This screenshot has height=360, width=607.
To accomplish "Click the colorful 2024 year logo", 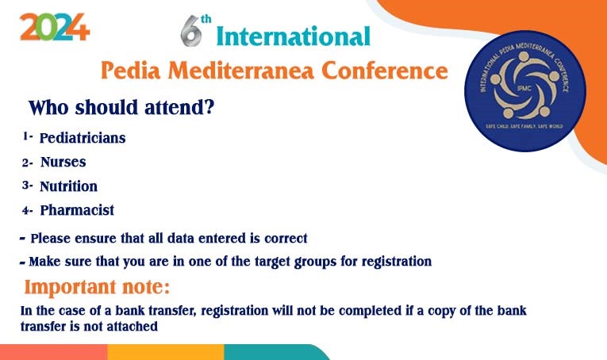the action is [x=55, y=27].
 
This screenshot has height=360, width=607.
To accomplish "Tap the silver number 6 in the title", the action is [x=191, y=31].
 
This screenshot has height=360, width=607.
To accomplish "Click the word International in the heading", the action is [x=293, y=36].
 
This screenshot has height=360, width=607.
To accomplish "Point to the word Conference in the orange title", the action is [x=384, y=71].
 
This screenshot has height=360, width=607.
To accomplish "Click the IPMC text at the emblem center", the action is [x=524, y=89].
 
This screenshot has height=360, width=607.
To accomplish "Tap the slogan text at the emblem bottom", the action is [x=524, y=126].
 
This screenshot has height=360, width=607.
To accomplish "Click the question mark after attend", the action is [x=209, y=107].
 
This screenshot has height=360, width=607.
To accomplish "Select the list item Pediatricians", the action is [x=83, y=138].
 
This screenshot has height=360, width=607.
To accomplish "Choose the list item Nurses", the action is [x=63, y=162].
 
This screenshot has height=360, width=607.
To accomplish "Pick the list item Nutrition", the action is [x=68, y=186].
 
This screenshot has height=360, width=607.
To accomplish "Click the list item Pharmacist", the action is [x=77, y=210].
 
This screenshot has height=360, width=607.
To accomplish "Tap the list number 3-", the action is [x=27, y=186].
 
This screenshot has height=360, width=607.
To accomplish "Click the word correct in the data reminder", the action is [x=286, y=238].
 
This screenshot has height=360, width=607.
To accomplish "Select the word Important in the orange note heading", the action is [x=70, y=287].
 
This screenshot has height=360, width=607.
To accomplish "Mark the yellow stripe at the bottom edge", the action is [x=166, y=352].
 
